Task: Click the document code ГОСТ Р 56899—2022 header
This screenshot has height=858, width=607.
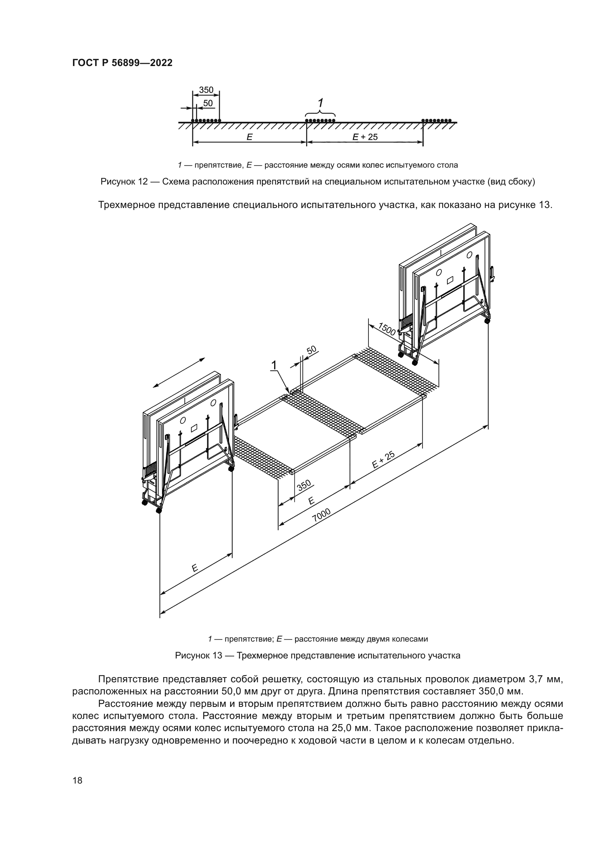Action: [x=122, y=63]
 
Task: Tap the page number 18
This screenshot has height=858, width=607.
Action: [x=77, y=780]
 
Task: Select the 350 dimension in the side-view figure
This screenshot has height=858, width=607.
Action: [x=206, y=90]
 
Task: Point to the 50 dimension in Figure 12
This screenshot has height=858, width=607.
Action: [x=208, y=103]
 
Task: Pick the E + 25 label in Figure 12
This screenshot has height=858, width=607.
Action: [x=365, y=137]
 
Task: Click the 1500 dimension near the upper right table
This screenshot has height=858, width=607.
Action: [x=386, y=329]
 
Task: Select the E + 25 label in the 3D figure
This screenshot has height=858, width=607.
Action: [x=384, y=460]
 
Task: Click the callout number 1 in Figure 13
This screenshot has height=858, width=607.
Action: [x=274, y=365]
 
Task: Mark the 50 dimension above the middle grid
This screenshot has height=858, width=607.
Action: [x=311, y=350]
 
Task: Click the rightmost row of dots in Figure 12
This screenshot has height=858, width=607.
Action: [x=436, y=120]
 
